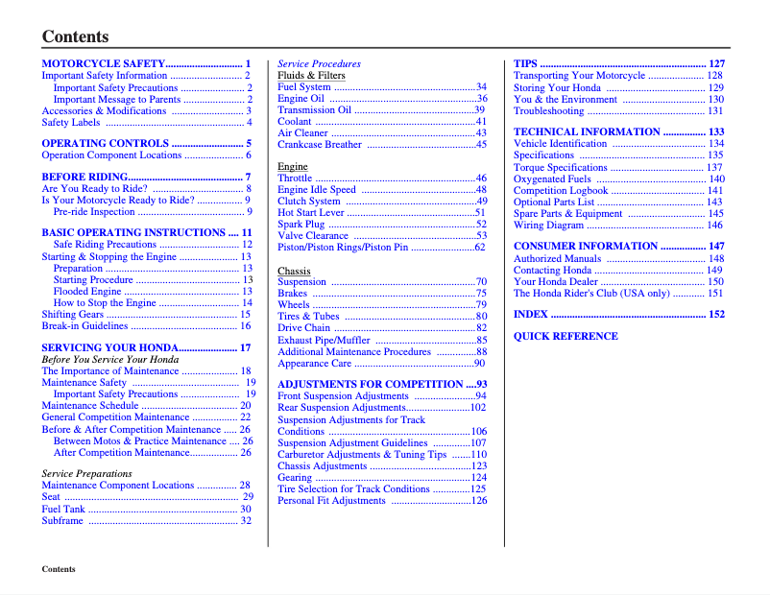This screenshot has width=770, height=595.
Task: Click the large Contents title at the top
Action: click(x=75, y=37)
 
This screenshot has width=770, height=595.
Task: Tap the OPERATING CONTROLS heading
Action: click(x=106, y=143)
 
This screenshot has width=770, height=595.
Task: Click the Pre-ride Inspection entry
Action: click(x=94, y=212)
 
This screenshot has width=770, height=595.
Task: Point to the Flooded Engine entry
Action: click(x=87, y=292)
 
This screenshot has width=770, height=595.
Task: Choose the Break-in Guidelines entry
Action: click(x=85, y=326)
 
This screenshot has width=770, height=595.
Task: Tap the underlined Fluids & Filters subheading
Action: click(x=311, y=75)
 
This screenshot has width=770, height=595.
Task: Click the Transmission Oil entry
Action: click(x=314, y=110)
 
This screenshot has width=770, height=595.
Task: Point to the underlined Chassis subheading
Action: click(x=294, y=271)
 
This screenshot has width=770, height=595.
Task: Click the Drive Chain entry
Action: click(x=303, y=328)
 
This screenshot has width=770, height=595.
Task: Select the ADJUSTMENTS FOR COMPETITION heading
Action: click(x=370, y=384)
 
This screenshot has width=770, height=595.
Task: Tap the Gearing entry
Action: click(x=295, y=477)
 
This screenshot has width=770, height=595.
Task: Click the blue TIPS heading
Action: click(x=525, y=63)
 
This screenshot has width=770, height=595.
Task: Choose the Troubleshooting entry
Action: click(x=548, y=110)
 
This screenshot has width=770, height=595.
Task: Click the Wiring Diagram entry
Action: click(x=548, y=226)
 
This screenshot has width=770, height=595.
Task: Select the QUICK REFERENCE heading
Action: click(x=565, y=336)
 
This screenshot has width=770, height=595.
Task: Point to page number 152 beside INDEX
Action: click(x=716, y=314)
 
